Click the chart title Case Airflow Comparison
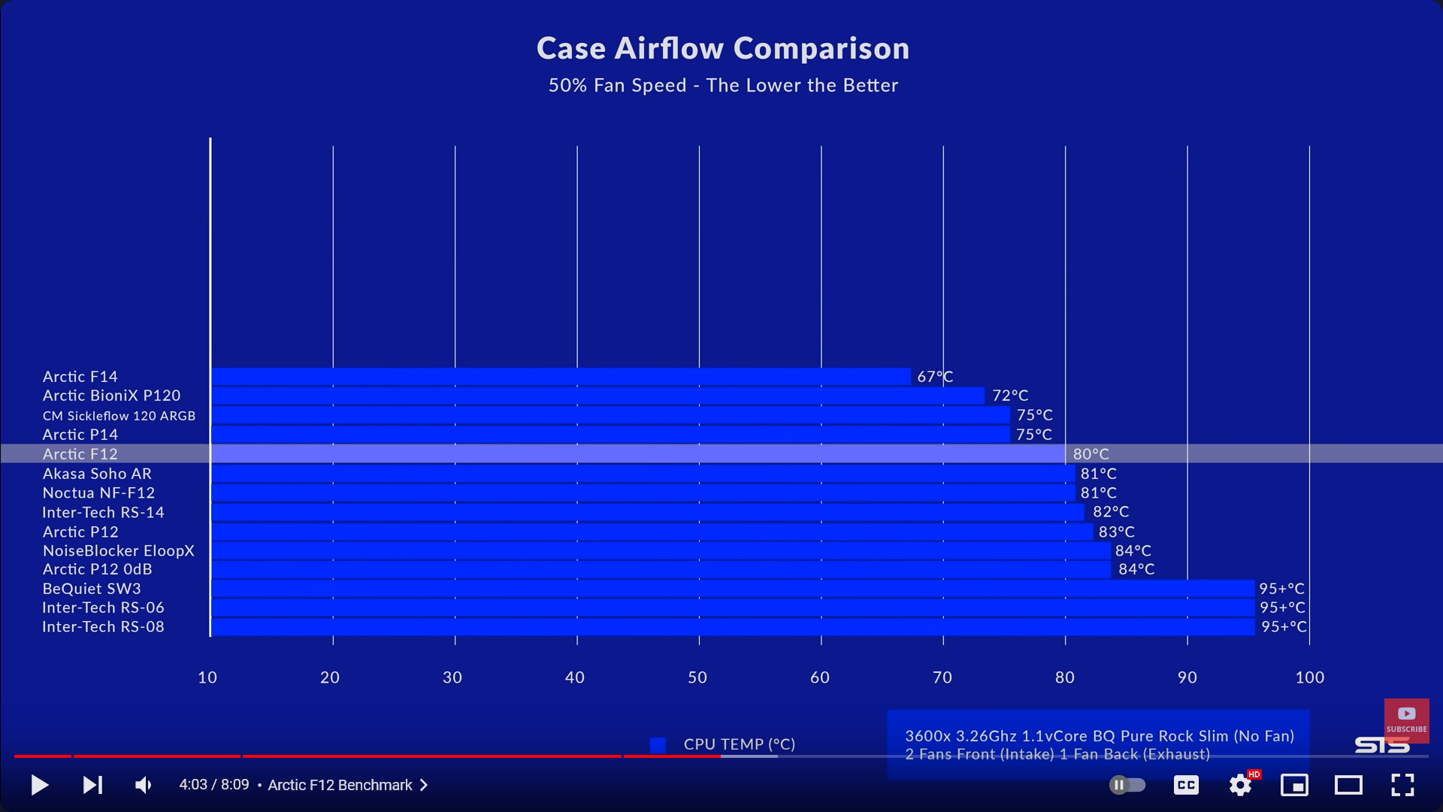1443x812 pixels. click(x=722, y=49)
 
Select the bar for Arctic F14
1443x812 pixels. click(x=561, y=377)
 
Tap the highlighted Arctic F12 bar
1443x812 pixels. click(x=637, y=453)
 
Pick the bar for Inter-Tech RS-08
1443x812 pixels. click(x=733, y=627)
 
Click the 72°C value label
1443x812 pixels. click(x=1009, y=395)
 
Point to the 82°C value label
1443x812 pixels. click(x=1111, y=512)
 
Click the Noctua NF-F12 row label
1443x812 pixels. click(x=98, y=493)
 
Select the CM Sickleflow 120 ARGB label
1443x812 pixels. click(x=119, y=416)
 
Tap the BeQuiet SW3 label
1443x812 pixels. click(x=92, y=589)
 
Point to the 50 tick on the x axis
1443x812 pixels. click(x=697, y=677)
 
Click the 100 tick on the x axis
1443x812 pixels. click(x=1309, y=677)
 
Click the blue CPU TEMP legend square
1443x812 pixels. click(x=658, y=744)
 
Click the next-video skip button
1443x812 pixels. click(x=92, y=785)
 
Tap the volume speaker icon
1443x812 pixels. click(x=143, y=785)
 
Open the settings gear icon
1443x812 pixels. click(x=1240, y=786)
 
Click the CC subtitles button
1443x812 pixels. click(x=1186, y=786)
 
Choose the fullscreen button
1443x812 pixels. click(x=1402, y=785)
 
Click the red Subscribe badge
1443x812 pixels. click(x=1406, y=720)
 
